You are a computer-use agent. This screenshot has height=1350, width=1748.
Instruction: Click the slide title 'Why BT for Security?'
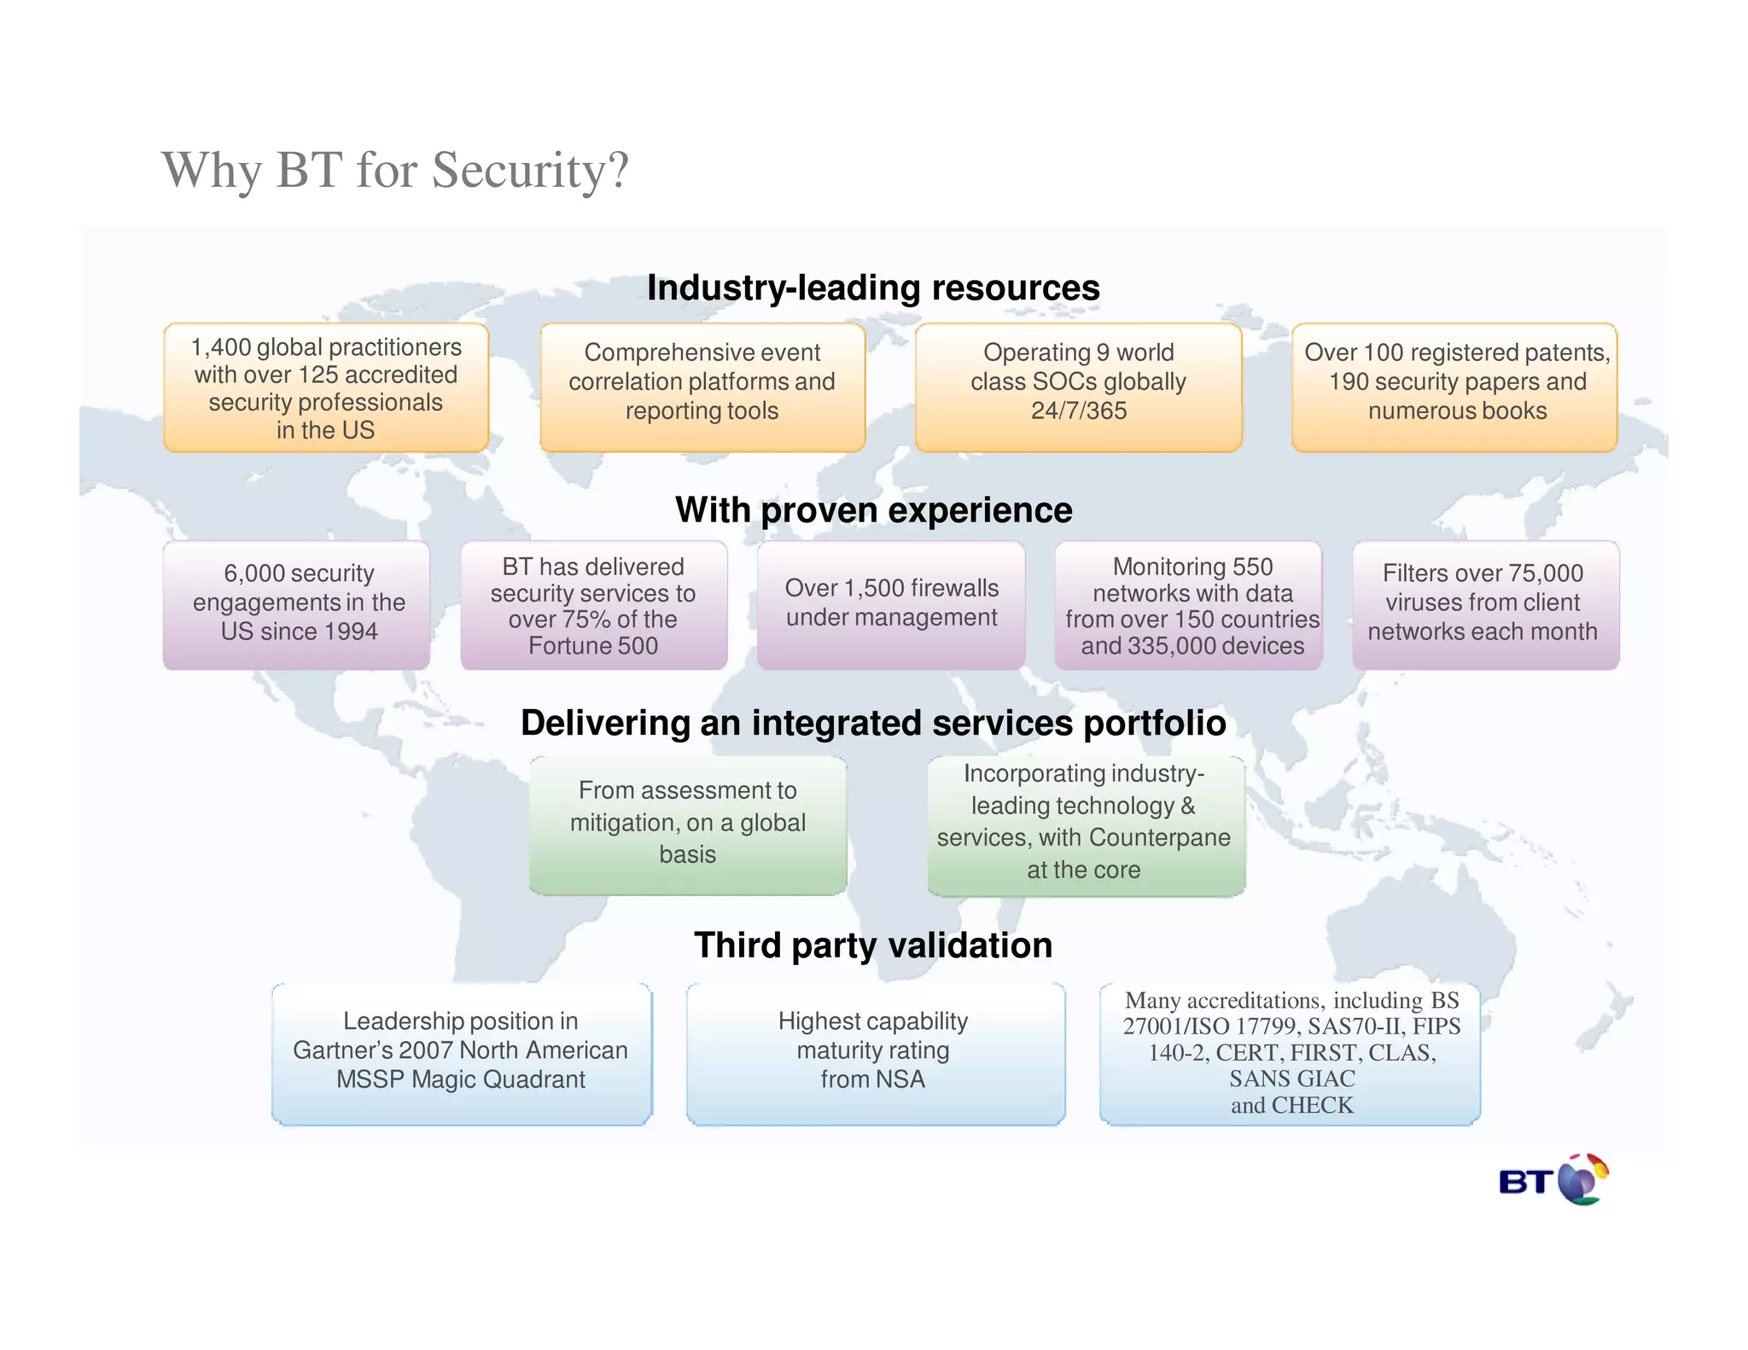point(395,170)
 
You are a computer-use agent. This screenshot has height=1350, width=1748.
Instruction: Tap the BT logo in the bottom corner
point(1553,1180)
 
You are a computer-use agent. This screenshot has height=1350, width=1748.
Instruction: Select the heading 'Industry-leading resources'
point(873,288)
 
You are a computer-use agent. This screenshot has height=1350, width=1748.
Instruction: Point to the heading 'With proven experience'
point(873,510)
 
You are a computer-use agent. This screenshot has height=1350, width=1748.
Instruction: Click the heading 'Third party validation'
point(873,946)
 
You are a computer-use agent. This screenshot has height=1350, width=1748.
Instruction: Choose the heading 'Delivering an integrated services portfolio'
point(873,723)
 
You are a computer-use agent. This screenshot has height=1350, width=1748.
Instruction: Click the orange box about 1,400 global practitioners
point(326,388)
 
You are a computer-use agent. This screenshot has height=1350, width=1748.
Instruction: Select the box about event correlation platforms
point(702,388)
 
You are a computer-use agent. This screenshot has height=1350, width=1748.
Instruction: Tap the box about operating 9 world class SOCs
point(1079,388)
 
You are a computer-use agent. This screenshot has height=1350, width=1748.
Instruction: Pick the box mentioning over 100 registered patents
point(1455,388)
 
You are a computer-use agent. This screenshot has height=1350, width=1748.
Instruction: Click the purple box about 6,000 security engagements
point(297,605)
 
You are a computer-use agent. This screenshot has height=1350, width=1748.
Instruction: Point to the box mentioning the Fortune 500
point(594,605)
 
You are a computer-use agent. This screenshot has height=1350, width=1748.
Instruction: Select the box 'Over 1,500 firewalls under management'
point(891,605)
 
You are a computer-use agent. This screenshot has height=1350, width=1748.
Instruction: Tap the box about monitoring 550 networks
point(1189,605)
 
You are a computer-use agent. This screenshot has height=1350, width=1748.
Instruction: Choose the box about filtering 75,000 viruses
point(1485,605)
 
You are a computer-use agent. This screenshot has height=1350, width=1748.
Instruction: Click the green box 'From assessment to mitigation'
point(688,825)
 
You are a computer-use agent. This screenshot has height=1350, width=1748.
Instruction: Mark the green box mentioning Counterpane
point(1086,825)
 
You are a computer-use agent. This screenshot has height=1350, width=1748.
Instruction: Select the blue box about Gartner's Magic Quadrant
point(462,1054)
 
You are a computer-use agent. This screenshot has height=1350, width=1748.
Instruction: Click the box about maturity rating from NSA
point(875,1054)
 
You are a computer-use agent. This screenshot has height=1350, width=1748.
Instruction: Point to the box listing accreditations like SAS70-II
point(1291,1054)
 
